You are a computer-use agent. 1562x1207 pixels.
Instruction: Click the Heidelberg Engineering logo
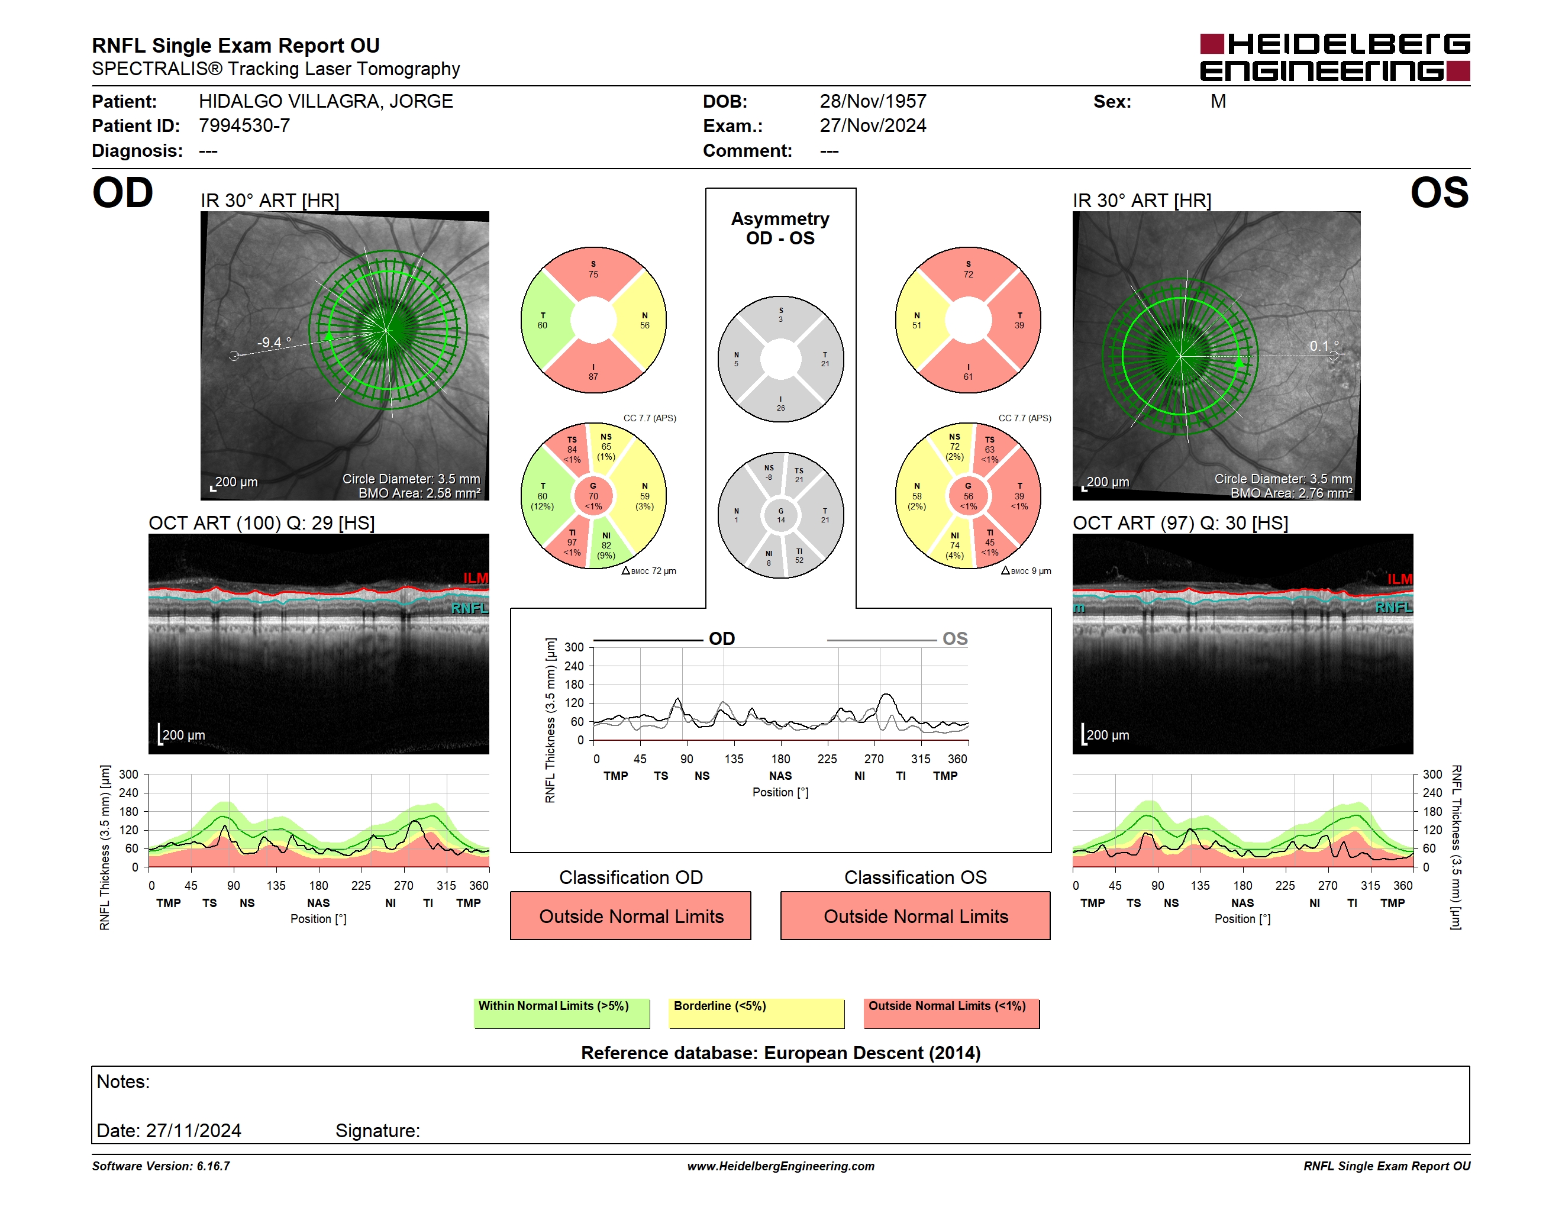[x=1335, y=57]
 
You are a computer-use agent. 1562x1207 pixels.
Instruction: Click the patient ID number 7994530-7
[x=244, y=126]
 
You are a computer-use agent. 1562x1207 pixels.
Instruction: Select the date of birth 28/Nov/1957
[x=873, y=102]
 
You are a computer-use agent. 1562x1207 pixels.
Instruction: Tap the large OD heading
[x=122, y=192]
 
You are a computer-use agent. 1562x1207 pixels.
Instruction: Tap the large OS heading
[x=1439, y=192]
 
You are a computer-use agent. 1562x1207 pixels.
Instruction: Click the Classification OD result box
[x=631, y=915]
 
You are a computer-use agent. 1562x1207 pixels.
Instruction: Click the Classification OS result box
[x=915, y=915]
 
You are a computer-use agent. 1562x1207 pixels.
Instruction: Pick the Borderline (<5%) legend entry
[x=757, y=1013]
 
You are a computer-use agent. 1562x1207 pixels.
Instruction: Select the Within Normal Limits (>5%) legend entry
[x=561, y=1013]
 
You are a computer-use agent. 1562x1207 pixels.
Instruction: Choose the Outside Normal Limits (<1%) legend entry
[x=951, y=1013]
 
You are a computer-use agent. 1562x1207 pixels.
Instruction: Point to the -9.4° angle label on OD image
[x=274, y=343]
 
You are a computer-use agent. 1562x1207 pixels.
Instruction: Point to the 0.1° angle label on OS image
[x=1324, y=346]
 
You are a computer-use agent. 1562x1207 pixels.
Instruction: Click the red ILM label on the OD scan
[x=476, y=577]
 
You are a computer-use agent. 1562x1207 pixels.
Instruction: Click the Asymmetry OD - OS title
[x=780, y=228]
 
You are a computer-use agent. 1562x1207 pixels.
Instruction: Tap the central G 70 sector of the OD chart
[x=593, y=496]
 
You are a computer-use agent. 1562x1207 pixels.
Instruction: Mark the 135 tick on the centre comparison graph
[x=734, y=759]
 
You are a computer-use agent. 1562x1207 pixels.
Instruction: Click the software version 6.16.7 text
[x=161, y=1166]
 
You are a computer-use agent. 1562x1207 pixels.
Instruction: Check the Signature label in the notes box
[x=377, y=1131]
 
